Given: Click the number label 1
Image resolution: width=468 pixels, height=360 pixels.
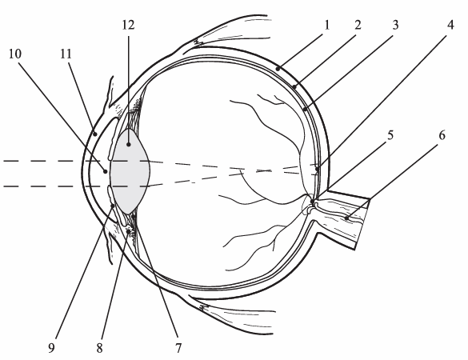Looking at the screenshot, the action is point(327,25).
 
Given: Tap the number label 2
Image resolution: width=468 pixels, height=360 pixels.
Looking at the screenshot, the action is point(358,25).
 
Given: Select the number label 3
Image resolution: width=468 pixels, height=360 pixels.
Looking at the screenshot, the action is point(395,25).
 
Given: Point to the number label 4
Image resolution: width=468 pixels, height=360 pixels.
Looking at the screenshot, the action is point(450,25).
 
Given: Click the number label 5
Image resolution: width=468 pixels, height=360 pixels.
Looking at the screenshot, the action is point(390,135).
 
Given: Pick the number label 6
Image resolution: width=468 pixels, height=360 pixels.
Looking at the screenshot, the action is point(442,135).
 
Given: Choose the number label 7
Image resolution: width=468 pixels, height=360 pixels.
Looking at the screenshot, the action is point(178,348).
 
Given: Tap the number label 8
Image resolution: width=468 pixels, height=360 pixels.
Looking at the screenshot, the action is point(99,348).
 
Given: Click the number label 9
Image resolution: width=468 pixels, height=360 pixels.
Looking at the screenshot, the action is point(52,348).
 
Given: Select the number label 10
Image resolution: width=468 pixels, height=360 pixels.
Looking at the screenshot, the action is point(15,54).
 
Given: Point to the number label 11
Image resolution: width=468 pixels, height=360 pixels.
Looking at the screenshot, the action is point(66,54).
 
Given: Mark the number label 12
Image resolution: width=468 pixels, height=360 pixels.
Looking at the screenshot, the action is point(128,25).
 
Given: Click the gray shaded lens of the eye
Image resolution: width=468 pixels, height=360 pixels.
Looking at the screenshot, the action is point(130,171).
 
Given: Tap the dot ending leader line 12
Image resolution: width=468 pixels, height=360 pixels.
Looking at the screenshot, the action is point(129,145).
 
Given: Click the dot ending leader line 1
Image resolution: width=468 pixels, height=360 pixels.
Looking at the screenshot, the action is point(278,69).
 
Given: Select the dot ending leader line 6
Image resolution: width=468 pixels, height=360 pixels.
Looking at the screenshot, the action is point(346,218).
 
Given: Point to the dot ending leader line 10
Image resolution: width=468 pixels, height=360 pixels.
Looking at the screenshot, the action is point(106,171).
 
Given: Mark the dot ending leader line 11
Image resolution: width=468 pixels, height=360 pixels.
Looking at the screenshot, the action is point(95,134).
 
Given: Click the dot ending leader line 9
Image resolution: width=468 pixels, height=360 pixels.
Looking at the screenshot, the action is point(113,206).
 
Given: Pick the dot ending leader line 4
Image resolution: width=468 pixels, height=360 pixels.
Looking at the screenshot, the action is point(317,170).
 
